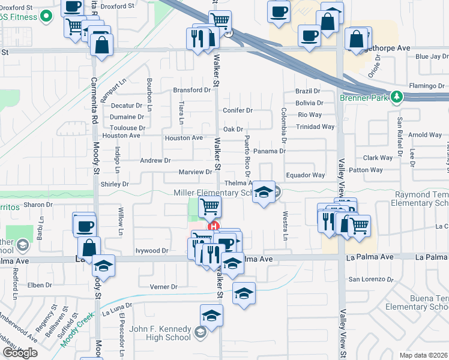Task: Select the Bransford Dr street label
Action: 193,90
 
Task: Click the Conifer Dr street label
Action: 238,110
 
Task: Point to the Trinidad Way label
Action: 316,127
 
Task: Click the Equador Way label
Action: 305,175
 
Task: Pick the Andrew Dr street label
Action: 155,160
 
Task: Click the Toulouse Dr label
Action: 128,128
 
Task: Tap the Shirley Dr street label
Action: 115,184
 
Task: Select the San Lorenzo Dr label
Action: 371,279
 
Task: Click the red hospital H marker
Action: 212,227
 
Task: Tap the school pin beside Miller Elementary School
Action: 263,193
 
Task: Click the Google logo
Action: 20,353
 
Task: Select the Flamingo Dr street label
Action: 426,86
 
